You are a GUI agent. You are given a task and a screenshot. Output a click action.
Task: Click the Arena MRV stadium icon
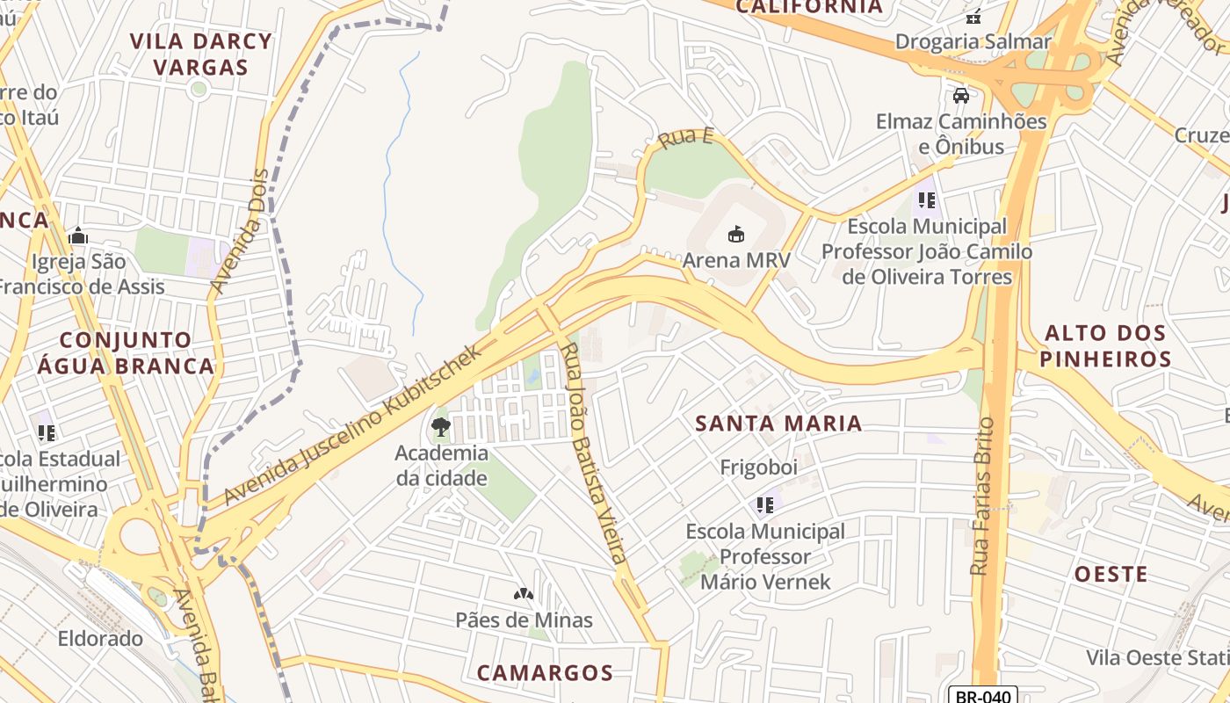coord(736,234)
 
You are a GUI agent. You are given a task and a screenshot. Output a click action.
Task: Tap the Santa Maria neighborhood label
coord(778,424)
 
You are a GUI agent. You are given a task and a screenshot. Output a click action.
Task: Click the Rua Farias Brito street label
coord(981,496)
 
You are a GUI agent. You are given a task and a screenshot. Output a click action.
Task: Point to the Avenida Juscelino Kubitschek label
coord(353,425)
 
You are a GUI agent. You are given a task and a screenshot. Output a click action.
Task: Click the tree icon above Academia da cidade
coord(441,428)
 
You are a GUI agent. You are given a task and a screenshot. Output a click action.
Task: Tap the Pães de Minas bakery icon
coord(524,595)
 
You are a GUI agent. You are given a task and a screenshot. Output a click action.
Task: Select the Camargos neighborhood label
coord(545,673)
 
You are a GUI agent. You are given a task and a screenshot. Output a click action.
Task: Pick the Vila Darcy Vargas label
coord(201,54)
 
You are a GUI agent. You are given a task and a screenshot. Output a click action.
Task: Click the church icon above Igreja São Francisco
coord(78,236)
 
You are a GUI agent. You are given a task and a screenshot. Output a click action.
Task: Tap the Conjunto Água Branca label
coord(126,353)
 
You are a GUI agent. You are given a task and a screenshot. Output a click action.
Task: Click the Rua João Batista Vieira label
coord(595,453)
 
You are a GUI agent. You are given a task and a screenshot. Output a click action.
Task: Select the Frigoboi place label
coord(759,467)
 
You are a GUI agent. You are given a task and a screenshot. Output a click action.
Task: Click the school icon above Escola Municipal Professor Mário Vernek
coord(764,504)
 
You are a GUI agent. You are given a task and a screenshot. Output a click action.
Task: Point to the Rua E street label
coord(686,138)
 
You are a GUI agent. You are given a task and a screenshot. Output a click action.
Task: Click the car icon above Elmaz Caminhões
coord(961,96)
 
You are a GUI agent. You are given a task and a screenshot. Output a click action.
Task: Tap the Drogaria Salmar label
coord(973,41)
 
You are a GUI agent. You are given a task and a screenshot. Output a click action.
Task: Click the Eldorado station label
coord(100,638)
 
